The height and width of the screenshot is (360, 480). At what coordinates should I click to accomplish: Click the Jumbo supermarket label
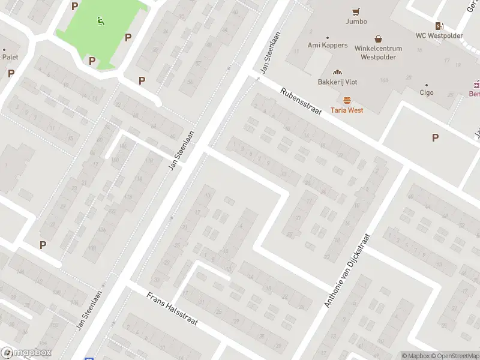click(356, 21)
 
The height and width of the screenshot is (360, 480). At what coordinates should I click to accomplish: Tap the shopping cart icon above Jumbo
click(356, 11)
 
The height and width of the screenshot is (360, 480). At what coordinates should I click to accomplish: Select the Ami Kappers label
click(328, 45)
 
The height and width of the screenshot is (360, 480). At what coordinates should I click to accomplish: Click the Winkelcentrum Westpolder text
click(378, 53)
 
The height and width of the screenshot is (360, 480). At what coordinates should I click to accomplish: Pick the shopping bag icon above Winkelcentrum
click(378, 38)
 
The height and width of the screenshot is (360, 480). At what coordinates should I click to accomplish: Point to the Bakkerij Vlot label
click(338, 82)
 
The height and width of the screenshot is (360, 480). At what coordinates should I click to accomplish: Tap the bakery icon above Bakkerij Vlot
click(338, 71)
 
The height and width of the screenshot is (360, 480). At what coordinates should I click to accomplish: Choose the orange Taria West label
click(347, 110)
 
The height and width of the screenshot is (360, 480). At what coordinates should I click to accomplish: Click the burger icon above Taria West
click(347, 100)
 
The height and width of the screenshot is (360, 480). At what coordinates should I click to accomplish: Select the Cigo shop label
click(427, 93)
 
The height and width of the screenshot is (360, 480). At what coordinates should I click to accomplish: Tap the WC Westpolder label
click(439, 35)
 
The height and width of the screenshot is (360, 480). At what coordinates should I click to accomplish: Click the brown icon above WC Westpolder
click(439, 25)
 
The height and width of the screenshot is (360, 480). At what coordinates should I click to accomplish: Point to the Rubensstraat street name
click(301, 101)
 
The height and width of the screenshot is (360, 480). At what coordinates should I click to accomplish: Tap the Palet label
click(10, 57)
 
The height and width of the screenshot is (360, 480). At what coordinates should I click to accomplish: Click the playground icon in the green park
click(100, 22)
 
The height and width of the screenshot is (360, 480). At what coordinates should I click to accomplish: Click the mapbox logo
click(26, 353)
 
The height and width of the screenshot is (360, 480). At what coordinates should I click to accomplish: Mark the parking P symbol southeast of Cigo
click(435, 137)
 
